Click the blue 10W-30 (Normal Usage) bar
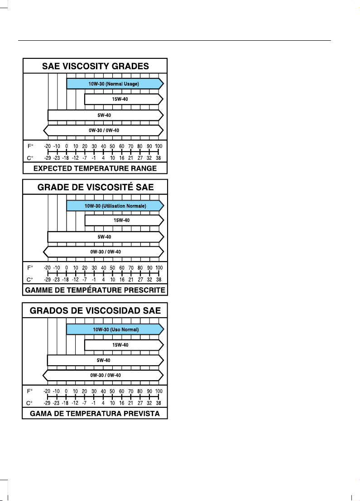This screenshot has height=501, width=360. [115, 84]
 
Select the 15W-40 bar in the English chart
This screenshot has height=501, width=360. [124, 99]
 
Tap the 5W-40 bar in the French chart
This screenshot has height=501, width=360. [106, 237]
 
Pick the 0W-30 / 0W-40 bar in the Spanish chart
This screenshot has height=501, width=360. [103, 376]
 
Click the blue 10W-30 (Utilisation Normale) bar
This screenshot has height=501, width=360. [115, 206]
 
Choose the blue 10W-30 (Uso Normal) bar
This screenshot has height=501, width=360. [115, 329]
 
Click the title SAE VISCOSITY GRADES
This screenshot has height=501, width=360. [95, 66]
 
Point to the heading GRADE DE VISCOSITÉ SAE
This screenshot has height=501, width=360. [96, 187]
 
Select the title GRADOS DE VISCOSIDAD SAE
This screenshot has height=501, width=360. [95, 310]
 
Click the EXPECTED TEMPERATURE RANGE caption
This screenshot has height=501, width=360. [95, 168]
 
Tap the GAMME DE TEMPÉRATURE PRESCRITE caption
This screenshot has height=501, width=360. [95, 290]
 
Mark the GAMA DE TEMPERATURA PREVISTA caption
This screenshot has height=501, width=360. [95, 414]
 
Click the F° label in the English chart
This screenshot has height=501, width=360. [30, 146]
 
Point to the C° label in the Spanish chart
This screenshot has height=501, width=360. [29, 403]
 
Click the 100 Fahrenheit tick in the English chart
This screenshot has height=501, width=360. [158, 146]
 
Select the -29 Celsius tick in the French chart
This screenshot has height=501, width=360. [47, 280]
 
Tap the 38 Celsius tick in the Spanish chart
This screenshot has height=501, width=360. [158, 403]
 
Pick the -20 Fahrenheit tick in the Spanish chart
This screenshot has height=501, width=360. [47, 391]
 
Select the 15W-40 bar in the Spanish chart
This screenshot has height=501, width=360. [124, 345]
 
